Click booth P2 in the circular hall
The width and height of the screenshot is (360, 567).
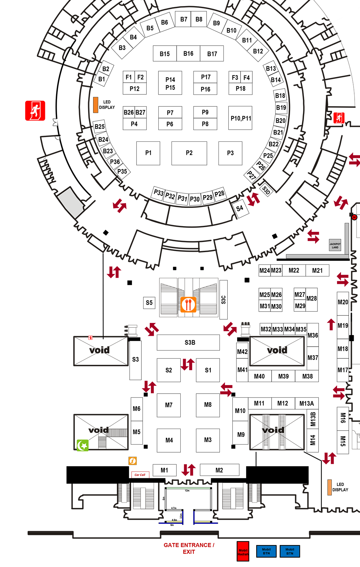[189, 153]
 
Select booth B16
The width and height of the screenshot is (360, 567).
[188, 54]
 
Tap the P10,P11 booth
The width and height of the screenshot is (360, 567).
[240, 118]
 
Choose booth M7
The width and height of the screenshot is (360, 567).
[169, 405]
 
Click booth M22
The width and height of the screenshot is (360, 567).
[294, 270]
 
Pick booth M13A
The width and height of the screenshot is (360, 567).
[307, 403]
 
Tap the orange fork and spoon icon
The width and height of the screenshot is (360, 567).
[188, 304]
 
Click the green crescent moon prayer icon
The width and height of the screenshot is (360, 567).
[83, 446]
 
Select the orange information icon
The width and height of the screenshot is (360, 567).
[133, 461]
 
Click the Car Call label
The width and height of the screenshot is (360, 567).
[140, 475]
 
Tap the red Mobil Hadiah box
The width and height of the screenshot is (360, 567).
[243, 551]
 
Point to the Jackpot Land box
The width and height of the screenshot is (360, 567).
[335, 245]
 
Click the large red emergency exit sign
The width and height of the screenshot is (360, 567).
[35, 111]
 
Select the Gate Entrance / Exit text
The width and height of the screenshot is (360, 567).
[189, 548]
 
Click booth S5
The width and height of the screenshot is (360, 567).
[149, 303]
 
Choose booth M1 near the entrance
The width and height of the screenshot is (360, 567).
[164, 470]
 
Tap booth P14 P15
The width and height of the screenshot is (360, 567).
[170, 83]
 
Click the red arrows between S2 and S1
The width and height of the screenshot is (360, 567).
[188, 364]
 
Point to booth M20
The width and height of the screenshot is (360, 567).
[343, 302]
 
